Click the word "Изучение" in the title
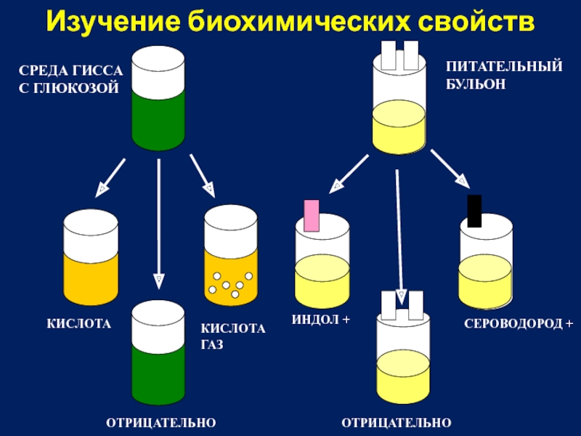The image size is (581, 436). pos(113,22)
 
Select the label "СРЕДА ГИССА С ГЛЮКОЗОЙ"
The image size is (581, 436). pos(70,79)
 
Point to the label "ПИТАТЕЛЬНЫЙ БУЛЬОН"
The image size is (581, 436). pos(504,76)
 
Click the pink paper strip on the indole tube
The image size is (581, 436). pos(312,216)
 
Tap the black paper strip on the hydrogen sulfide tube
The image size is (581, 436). pos(474,211)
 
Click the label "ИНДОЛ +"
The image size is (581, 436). pos(321,320)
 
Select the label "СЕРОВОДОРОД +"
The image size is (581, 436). pos(519,323)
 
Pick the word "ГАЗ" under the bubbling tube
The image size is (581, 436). pos(212,344)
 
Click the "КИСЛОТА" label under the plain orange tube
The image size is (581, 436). pos(79,323)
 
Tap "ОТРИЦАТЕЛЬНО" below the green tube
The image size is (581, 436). pos(161,423)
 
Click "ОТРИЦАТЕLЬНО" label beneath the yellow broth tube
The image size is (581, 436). pos(397,423)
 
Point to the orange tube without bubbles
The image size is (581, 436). pos(91,257)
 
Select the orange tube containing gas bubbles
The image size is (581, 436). pos(231,255)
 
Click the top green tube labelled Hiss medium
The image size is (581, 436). pos(158,98)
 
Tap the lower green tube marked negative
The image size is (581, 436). pos(158,352)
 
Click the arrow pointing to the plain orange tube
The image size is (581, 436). pos(110,178)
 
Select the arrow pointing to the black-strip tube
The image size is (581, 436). pos(450,169)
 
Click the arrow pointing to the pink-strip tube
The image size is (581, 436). pos(349,174)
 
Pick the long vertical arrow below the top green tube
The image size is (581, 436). pos(159,225)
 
